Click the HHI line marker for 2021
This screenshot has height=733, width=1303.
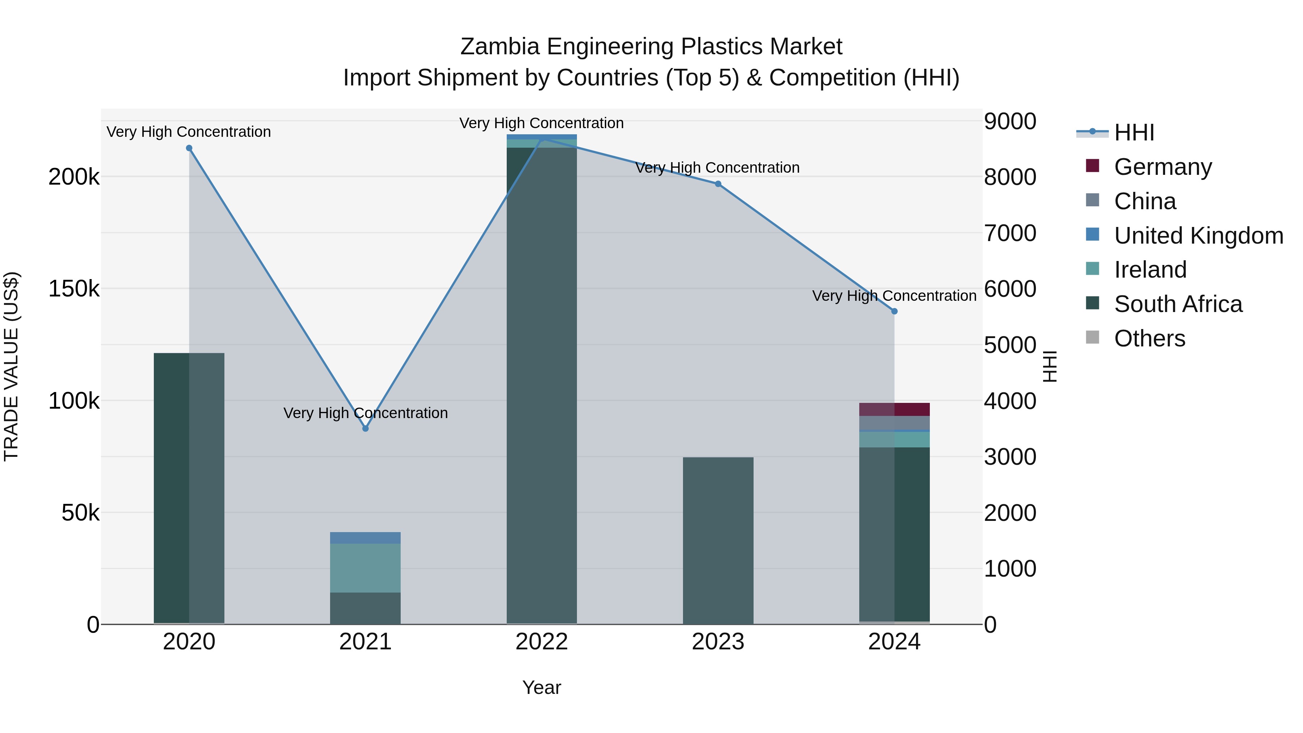point(365,429)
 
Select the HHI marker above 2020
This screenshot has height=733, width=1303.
point(189,148)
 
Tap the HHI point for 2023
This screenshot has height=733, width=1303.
point(718,184)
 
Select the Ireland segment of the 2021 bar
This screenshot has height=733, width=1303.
point(365,568)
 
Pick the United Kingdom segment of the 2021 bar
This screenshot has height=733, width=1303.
point(365,538)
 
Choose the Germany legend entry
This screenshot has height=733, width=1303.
point(1162,167)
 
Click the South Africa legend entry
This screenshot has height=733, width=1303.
point(1177,304)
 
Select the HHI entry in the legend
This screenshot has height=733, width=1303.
point(1134,132)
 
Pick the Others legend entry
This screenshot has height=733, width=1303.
point(1149,338)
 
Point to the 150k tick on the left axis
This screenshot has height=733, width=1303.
point(74,289)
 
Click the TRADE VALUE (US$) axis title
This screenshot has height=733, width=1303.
point(11,366)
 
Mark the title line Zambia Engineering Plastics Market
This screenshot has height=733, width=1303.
point(651,47)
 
